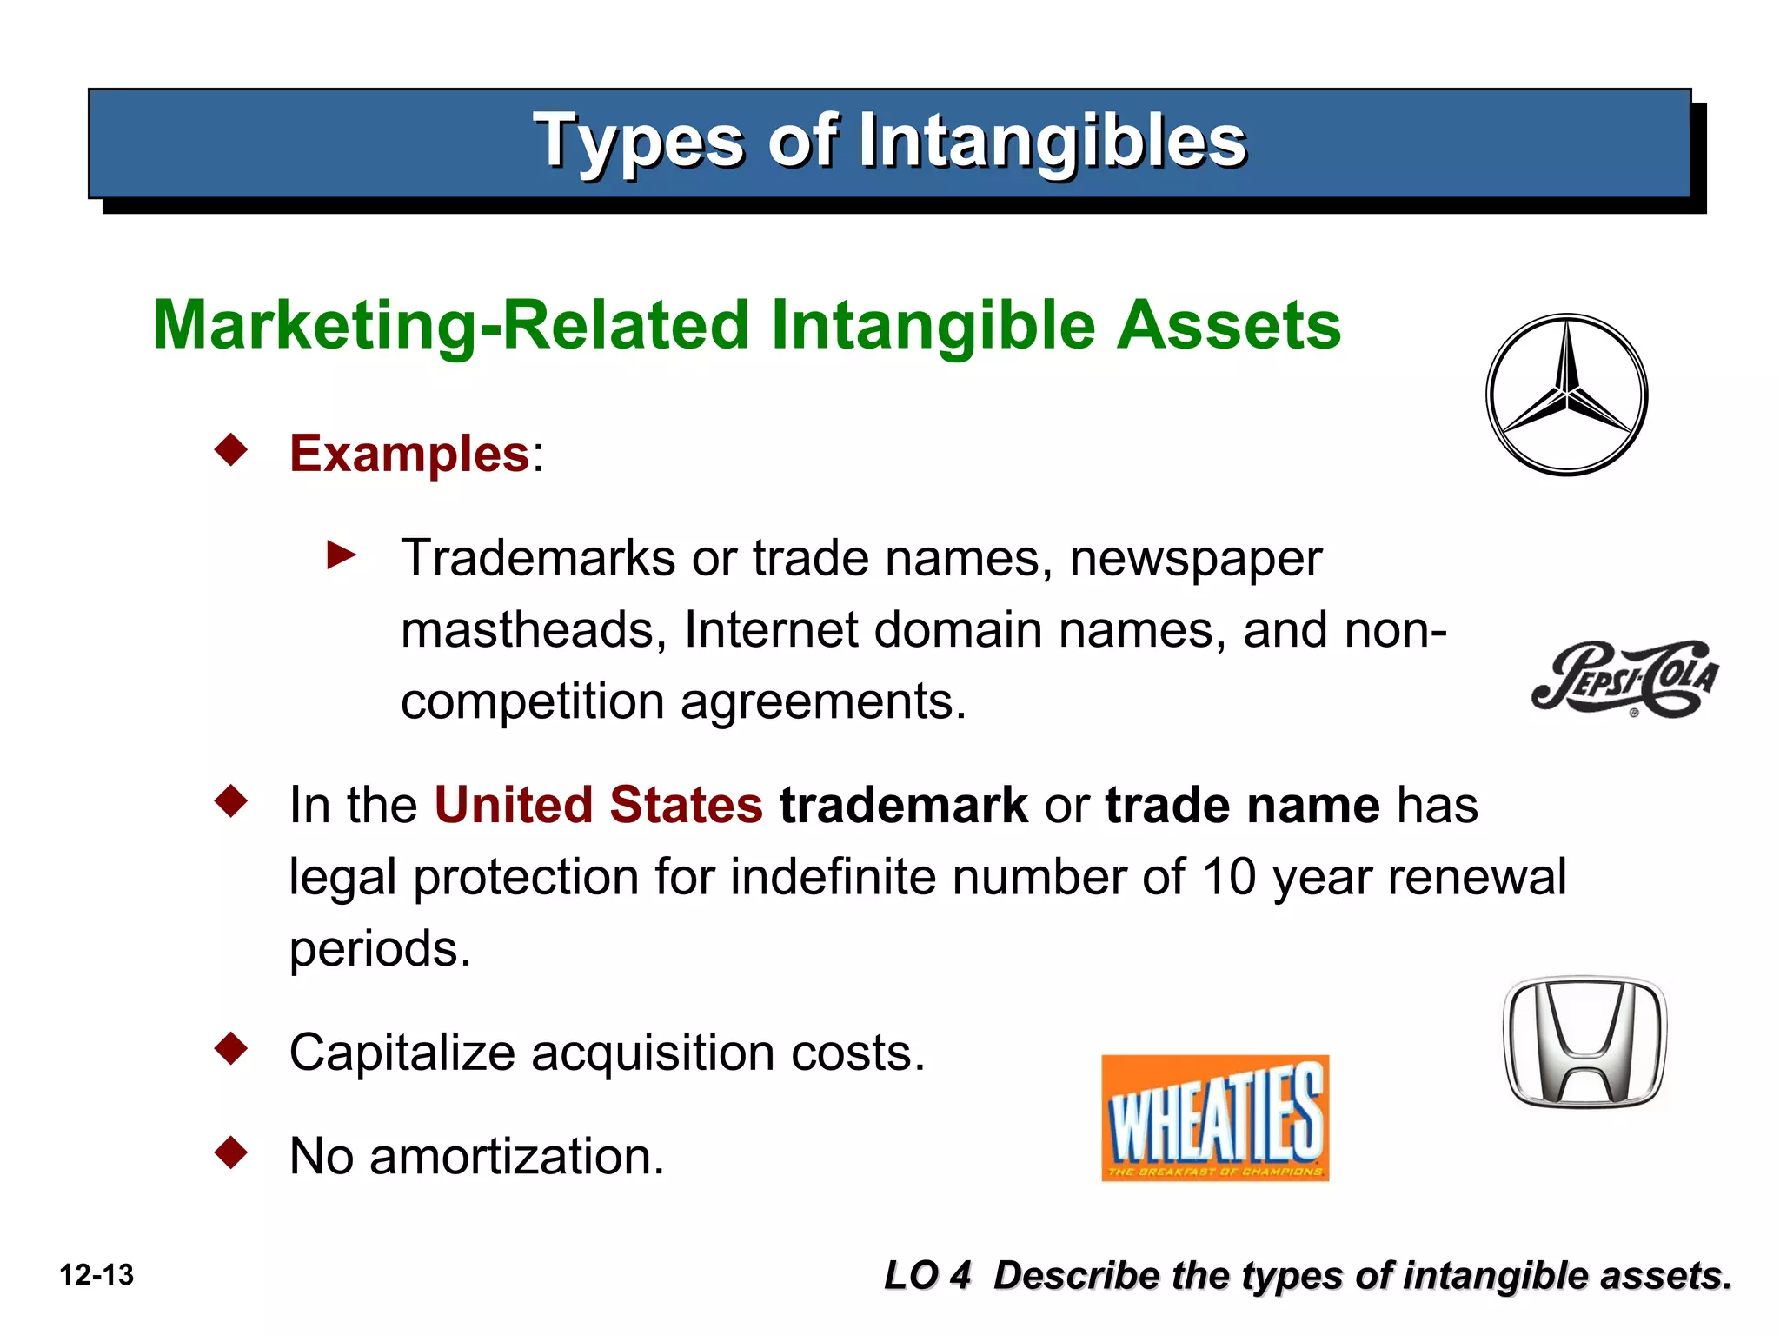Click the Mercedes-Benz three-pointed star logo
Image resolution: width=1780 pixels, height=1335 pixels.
(1566, 395)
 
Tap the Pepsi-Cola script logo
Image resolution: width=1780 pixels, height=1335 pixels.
(1624, 679)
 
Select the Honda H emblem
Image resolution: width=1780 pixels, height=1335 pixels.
(1584, 1041)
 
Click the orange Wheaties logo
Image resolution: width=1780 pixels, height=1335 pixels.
(1214, 1118)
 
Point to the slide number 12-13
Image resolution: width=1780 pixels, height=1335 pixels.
(96, 1275)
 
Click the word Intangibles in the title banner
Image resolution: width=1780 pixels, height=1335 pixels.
(1052, 141)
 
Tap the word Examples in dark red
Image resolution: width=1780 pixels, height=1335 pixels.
(409, 454)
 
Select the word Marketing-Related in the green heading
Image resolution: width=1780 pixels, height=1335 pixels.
(450, 325)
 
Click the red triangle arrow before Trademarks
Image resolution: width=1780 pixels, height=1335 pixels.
(341, 555)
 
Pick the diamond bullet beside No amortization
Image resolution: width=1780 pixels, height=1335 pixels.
(231, 1152)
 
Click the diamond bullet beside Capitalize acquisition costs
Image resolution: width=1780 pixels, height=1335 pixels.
(231, 1048)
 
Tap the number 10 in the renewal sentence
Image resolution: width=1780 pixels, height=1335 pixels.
(1229, 876)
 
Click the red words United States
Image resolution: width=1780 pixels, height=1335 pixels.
(598, 805)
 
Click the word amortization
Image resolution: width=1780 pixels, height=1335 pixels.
(516, 1157)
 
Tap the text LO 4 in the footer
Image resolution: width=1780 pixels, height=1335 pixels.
(927, 1276)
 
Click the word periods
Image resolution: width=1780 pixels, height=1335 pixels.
(379, 949)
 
